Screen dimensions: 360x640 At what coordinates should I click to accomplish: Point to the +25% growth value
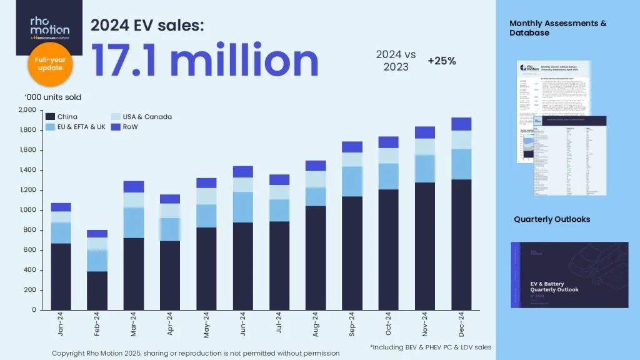441,61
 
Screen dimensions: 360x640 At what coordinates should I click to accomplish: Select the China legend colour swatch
50,117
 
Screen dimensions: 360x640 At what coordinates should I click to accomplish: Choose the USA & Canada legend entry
141,117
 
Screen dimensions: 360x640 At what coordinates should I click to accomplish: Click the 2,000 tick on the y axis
27,110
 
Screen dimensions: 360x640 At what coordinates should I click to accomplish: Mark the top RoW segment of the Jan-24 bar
61,207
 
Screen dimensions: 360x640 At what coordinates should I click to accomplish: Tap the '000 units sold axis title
52,97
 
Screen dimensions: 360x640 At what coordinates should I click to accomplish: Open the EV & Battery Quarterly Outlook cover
569,274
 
